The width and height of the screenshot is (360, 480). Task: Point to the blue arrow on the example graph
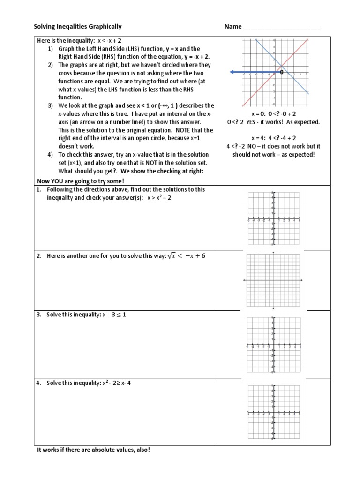253,72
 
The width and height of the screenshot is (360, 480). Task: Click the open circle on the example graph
281,72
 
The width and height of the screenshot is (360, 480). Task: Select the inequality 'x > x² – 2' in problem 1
162,197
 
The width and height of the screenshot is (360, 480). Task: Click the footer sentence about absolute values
94,450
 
